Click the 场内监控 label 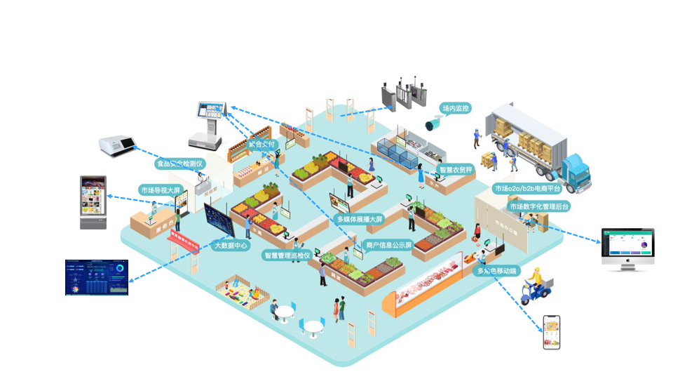click(455, 109)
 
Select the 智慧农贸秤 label click(456, 170)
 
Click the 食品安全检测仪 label click(179, 164)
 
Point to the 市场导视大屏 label click(161, 189)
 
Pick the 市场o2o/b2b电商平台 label click(528, 188)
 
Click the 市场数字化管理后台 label click(539, 206)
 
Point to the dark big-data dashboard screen click(97, 277)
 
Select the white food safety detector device click(116, 146)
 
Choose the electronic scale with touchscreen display click(210, 123)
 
